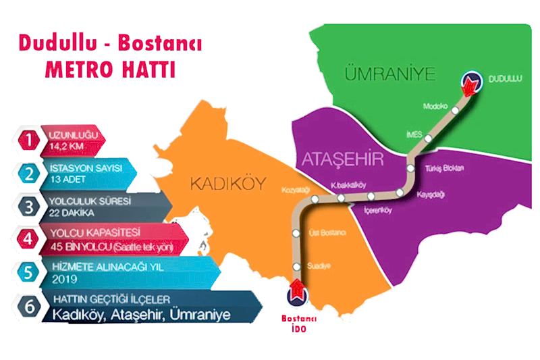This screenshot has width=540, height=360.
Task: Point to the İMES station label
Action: pyautogui.click(x=414, y=134)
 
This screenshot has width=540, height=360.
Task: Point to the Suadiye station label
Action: pyautogui.click(x=319, y=265)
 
